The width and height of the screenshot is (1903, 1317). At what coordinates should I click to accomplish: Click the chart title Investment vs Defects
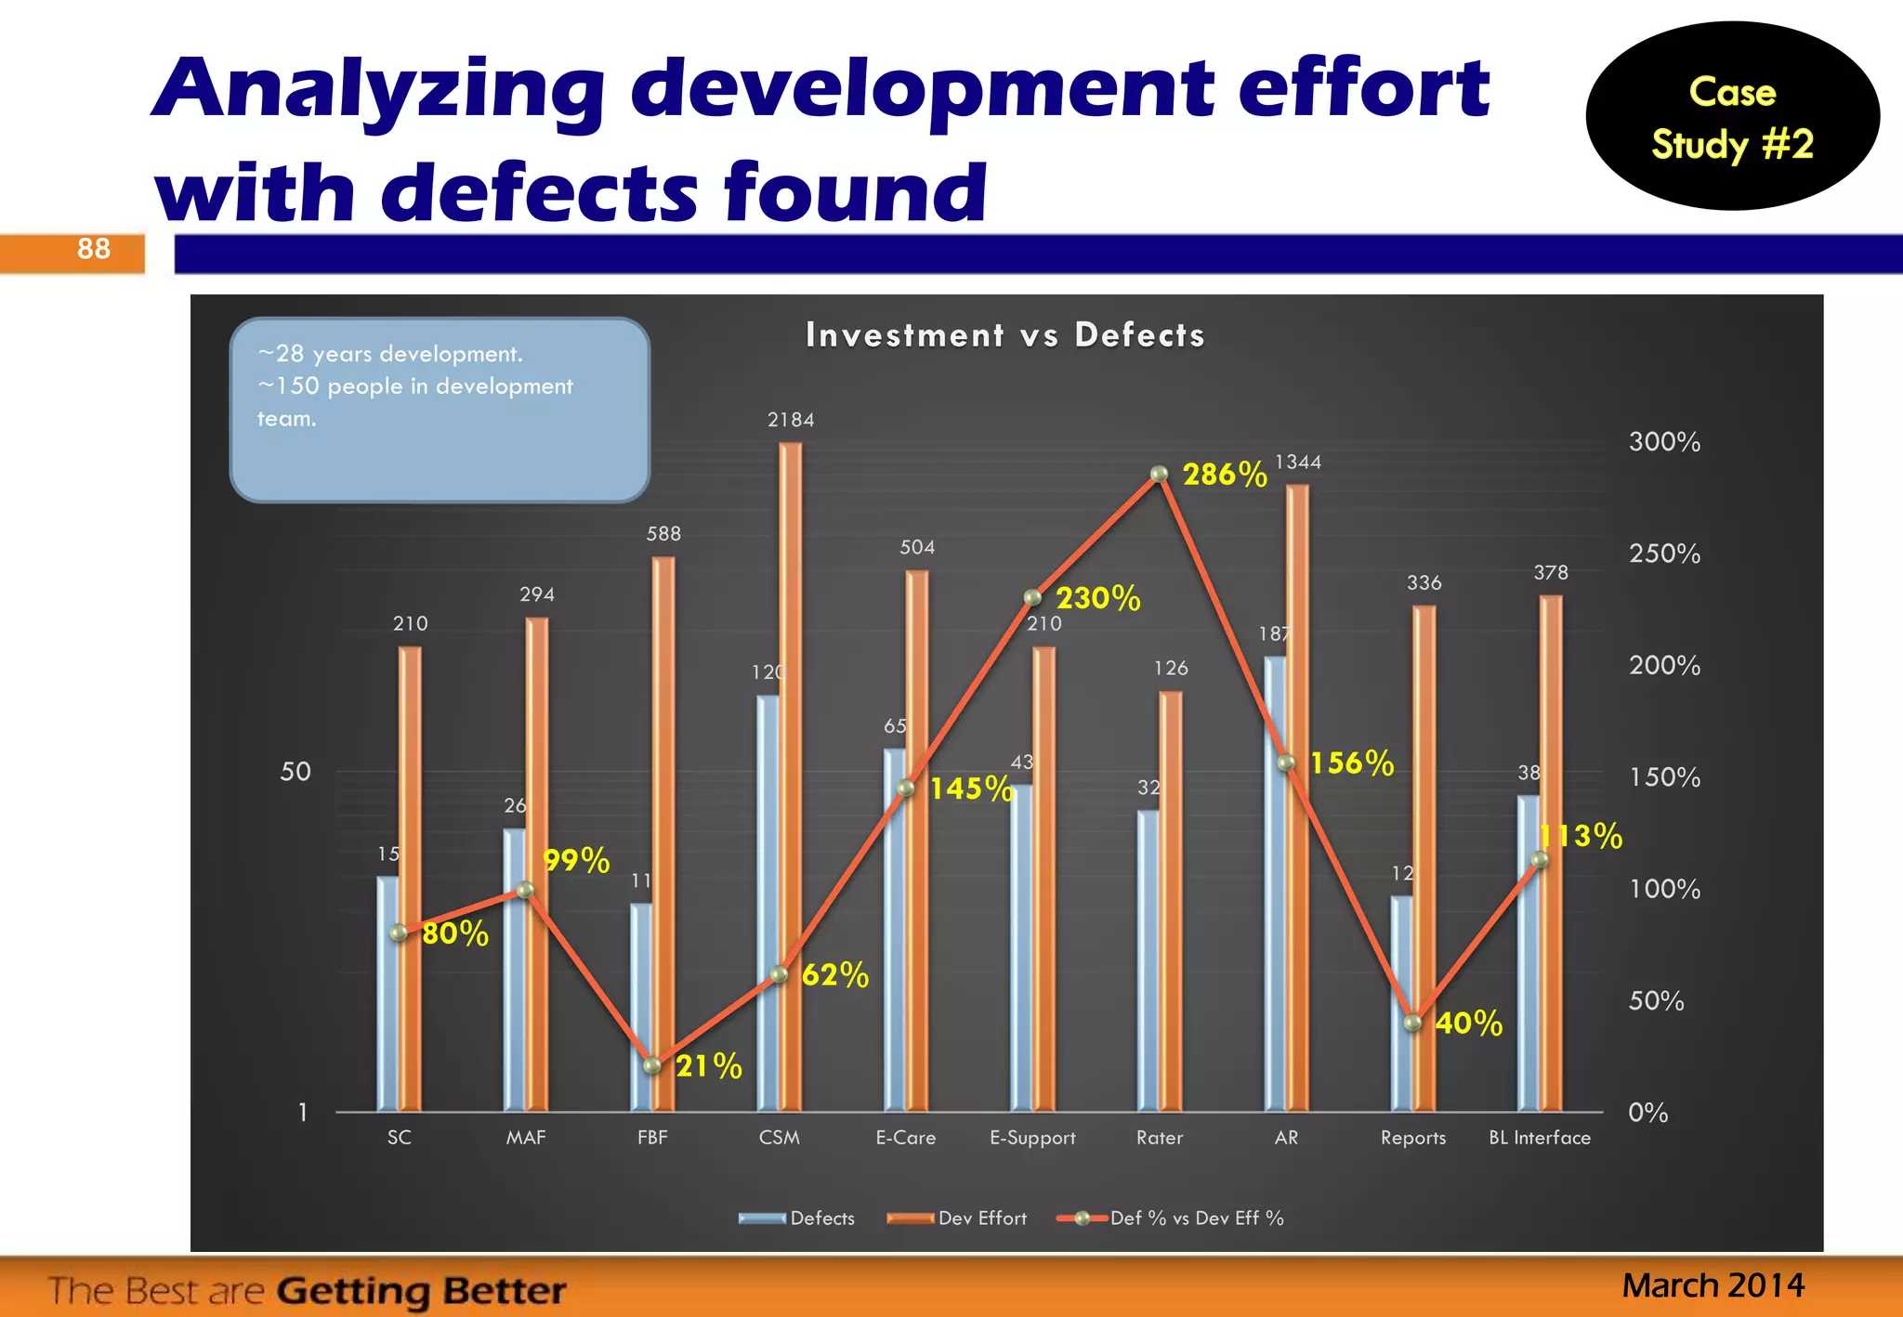[x=1004, y=334]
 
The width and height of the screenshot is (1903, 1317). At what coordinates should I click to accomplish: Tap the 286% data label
[x=1224, y=475]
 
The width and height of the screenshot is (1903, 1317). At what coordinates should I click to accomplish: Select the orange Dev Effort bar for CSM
[x=790, y=780]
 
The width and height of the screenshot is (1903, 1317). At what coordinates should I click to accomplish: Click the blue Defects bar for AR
[x=1274, y=882]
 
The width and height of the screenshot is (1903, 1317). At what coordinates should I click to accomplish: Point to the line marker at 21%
[x=652, y=1065]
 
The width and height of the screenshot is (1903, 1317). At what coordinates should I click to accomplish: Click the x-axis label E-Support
[x=1032, y=1138]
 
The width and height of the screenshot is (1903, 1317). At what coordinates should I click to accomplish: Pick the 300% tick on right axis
[x=1663, y=442]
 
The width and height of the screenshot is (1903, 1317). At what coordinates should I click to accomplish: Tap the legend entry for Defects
[x=796, y=1219]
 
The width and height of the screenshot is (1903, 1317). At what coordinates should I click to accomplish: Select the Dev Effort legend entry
[x=957, y=1219]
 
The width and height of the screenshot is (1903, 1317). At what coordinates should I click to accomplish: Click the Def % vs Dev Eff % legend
[x=1171, y=1219]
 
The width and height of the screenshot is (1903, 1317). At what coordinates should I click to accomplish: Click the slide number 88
[x=93, y=249]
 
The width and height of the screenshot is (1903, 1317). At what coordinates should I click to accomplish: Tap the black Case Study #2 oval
[x=1732, y=117]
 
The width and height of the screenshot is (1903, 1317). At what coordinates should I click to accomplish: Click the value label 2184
[x=791, y=420]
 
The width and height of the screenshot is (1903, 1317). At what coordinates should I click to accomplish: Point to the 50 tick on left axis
[x=295, y=772]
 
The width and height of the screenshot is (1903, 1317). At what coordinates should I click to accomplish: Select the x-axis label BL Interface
[x=1540, y=1138]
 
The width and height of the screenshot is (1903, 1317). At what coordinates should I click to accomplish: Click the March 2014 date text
[x=1713, y=1285]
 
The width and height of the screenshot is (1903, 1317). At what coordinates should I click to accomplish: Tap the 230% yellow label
[x=1097, y=598]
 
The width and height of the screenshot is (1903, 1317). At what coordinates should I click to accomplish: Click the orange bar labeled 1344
[x=1297, y=799]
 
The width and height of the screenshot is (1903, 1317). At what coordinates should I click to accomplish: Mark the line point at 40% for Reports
[x=1412, y=1023]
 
